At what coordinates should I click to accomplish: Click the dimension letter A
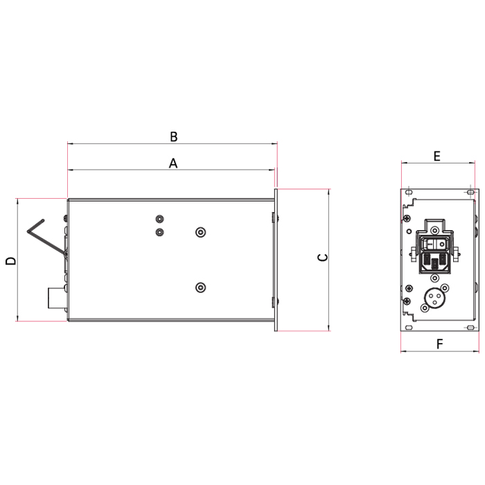[x=173, y=164]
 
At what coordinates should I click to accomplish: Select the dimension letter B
[x=174, y=136]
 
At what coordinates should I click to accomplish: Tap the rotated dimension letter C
[x=323, y=257]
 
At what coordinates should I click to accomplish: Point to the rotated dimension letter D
[x=11, y=261]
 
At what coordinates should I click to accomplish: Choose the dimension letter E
[x=436, y=156]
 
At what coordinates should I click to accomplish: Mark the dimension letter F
[x=439, y=344]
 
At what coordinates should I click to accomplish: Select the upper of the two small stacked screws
[x=159, y=219]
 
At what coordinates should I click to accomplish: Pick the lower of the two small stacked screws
[x=159, y=232]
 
